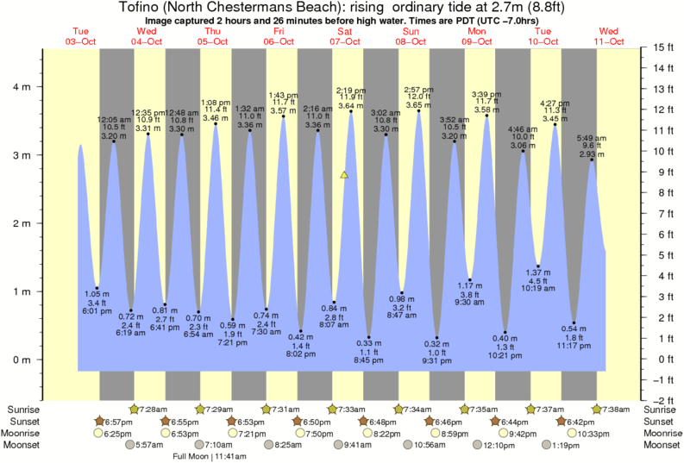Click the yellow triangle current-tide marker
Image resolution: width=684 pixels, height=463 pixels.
pos(344,175)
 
